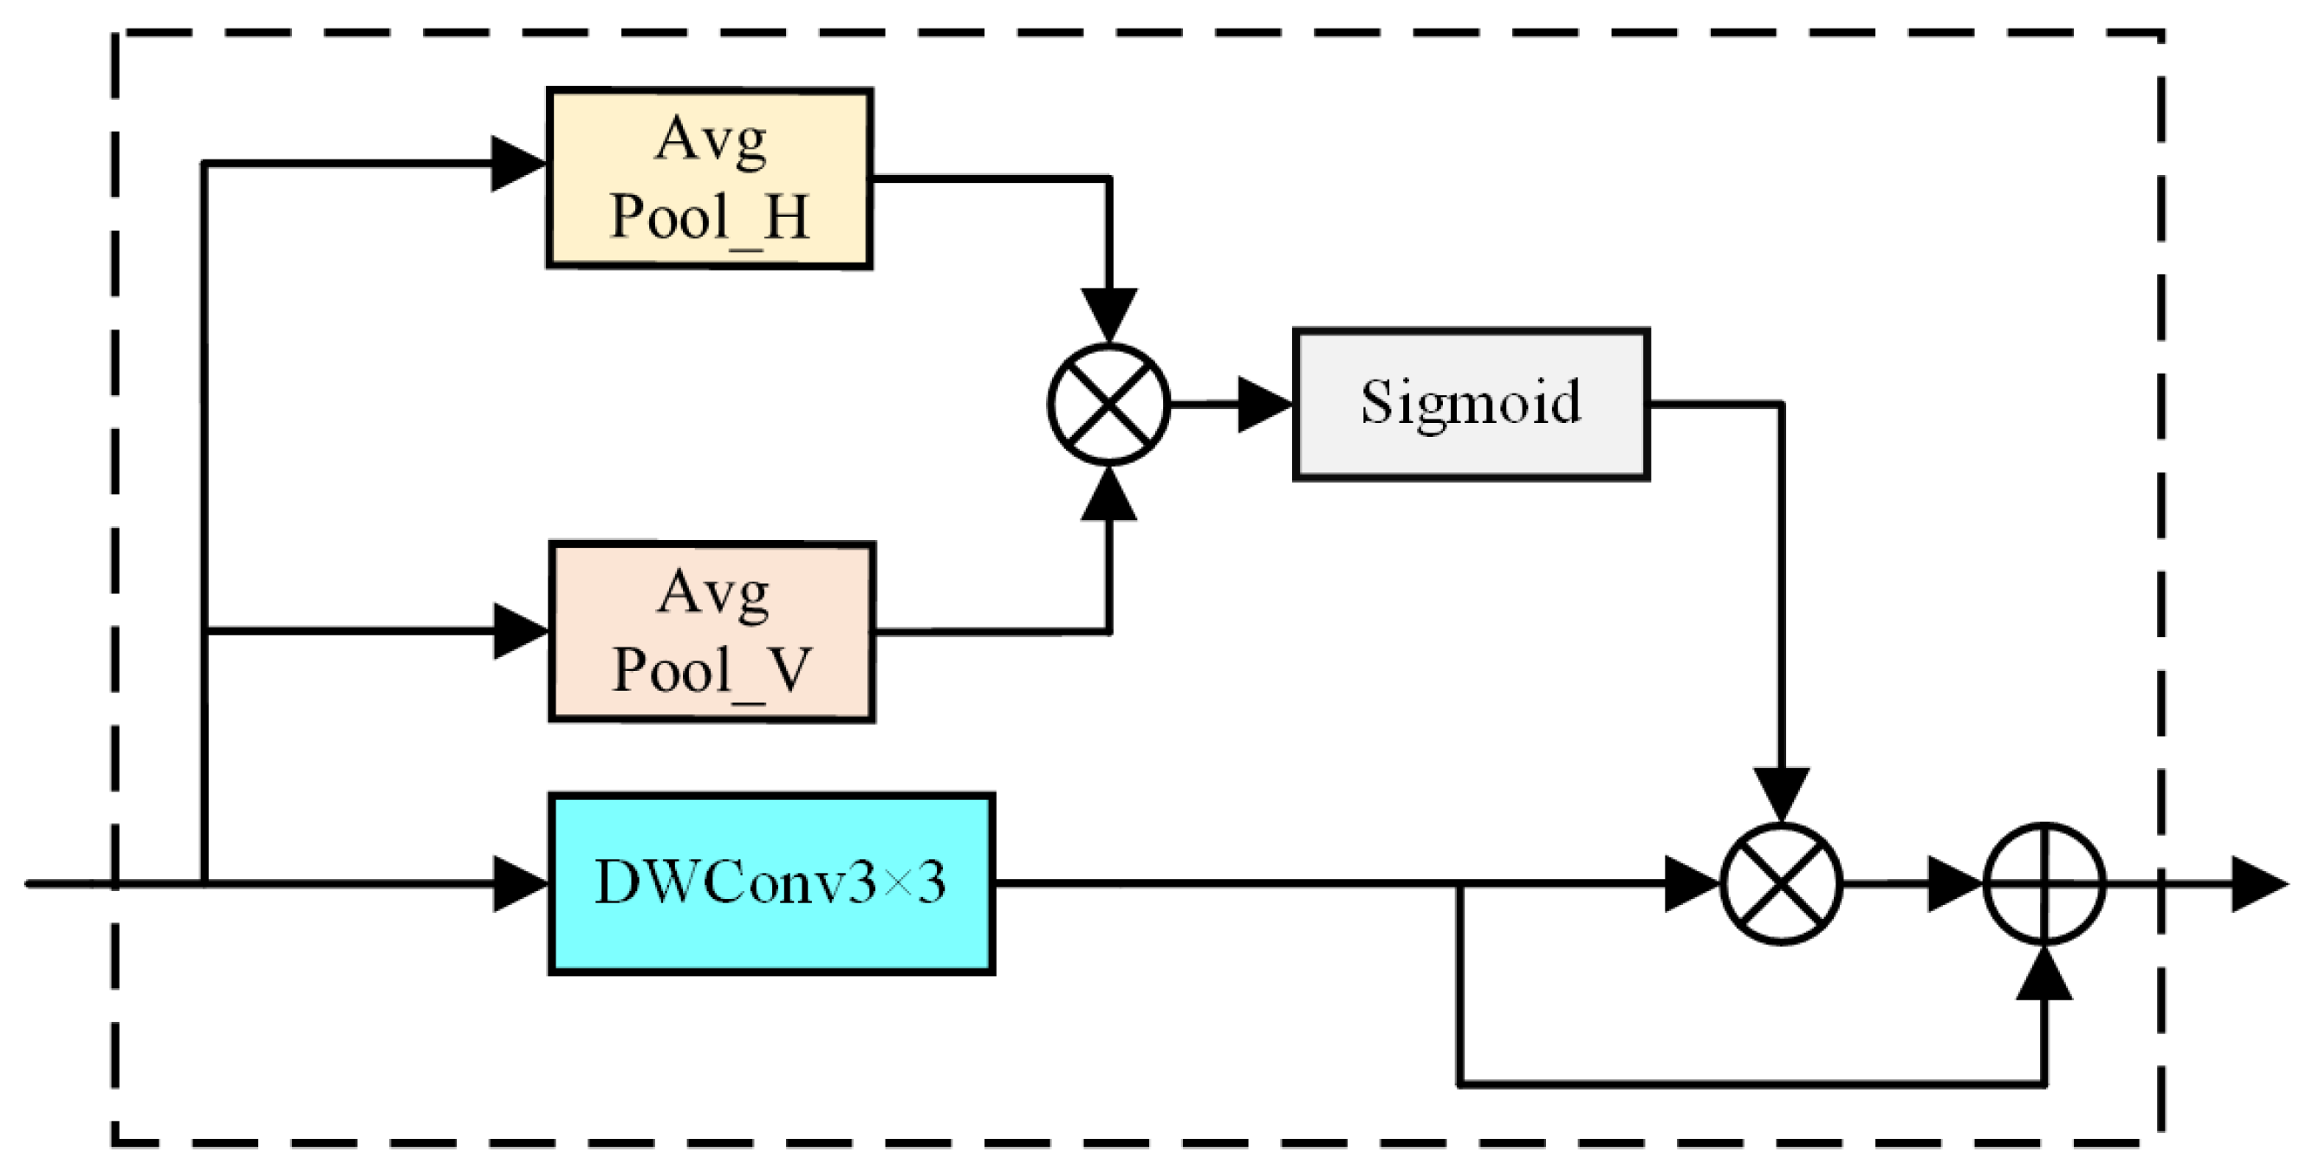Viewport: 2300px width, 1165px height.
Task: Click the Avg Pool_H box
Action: coord(709,178)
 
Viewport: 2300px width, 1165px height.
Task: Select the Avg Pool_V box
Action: coord(711,631)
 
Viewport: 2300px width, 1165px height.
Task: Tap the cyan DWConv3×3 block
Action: coord(771,883)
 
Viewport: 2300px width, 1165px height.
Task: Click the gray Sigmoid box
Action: coord(1471,405)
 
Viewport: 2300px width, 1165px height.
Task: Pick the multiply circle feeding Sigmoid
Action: coord(1108,405)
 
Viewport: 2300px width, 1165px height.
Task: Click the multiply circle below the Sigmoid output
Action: coord(1781,884)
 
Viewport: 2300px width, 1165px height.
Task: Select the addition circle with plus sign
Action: coord(2044,884)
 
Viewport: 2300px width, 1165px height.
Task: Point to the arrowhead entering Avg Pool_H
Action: coord(518,163)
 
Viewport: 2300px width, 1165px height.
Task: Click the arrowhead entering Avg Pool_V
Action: coord(521,631)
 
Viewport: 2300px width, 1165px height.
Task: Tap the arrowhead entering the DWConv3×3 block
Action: coord(521,884)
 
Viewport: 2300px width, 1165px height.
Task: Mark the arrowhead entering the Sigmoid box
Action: coord(1264,405)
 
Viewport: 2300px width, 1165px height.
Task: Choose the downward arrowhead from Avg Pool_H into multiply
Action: coord(1108,315)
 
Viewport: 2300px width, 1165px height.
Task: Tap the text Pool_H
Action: coord(709,217)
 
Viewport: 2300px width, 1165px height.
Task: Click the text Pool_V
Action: coord(711,670)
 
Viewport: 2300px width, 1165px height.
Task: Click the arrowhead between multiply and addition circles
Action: coord(1953,884)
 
